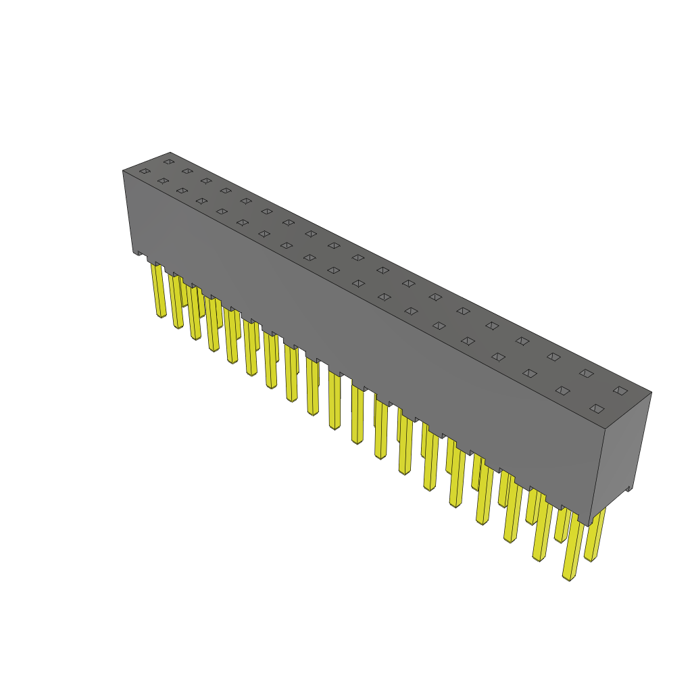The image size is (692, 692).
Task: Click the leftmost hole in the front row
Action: coord(144,171)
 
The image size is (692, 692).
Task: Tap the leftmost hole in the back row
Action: coord(168,162)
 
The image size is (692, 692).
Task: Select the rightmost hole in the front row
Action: coord(596,408)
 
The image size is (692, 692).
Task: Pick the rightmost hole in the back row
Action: coord(620,390)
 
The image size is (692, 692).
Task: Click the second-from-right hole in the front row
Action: coord(562,390)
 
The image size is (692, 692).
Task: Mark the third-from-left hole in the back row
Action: coord(205,180)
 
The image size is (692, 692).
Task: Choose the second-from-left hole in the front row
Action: coord(163,180)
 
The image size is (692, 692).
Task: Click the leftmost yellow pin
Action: coord(159,291)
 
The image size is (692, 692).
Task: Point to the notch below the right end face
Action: coord(629,488)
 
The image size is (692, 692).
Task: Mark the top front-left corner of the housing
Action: coord(123,170)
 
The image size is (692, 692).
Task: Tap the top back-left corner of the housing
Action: coord(170,152)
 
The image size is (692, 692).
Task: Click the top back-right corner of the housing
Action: coord(651,391)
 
